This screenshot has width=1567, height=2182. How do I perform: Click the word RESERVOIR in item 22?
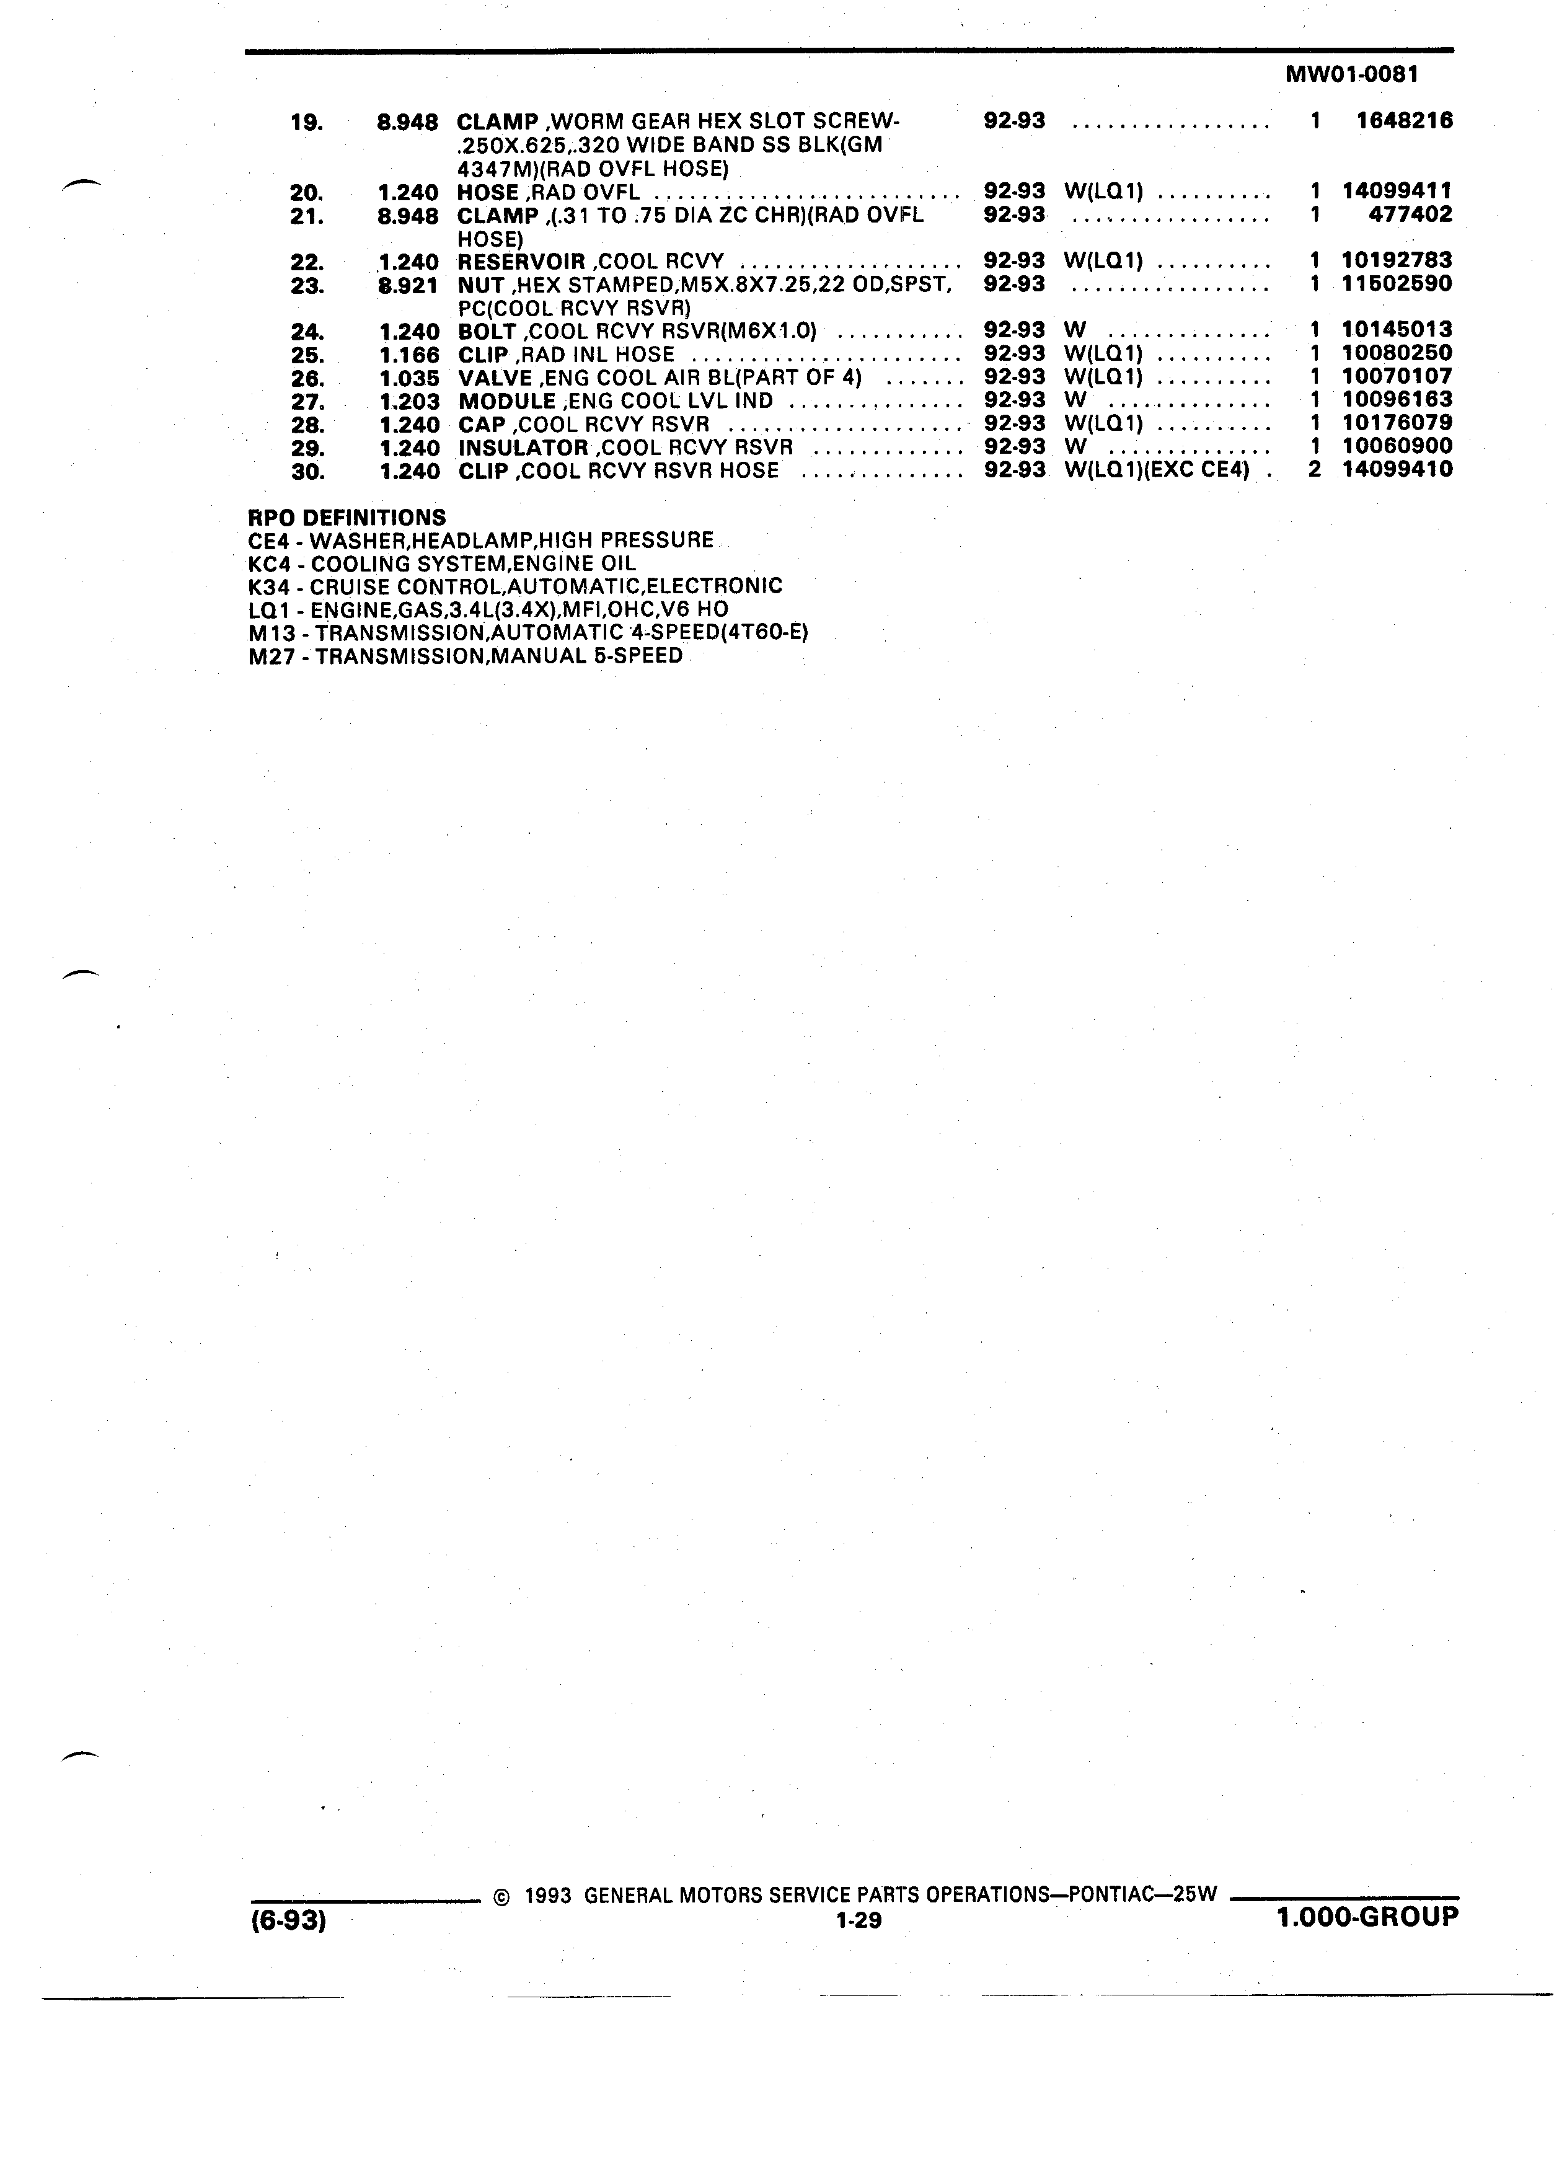(521, 261)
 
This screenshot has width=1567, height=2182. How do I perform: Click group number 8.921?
(409, 285)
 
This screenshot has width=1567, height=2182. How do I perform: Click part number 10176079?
(1397, 422)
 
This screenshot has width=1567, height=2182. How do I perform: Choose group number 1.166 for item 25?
(410, 354)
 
